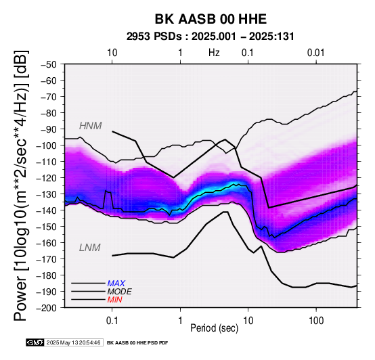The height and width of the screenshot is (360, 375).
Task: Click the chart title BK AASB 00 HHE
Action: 211,19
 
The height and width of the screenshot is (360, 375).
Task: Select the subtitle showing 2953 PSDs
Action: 211,37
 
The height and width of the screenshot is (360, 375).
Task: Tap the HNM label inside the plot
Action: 91,126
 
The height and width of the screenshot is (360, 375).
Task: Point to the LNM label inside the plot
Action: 89,248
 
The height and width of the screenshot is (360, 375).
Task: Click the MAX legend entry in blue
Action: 116,284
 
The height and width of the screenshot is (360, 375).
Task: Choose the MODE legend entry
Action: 119,292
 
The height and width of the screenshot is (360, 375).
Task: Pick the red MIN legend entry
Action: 114,300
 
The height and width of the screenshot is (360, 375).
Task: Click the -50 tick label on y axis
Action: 49,64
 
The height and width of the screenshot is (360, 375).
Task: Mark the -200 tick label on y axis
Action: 47,308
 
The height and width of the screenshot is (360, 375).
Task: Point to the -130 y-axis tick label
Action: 47,194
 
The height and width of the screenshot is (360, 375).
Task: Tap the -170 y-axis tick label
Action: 47,259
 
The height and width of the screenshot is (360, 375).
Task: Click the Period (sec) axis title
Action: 215,328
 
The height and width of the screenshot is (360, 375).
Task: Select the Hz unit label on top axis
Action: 214,53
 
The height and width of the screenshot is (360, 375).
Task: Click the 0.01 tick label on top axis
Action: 316,53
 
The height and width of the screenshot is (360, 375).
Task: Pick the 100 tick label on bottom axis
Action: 316,320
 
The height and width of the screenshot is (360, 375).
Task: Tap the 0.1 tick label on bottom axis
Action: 112,320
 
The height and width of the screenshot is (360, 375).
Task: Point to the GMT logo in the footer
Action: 35,343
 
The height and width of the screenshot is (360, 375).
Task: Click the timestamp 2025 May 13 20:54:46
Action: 73,343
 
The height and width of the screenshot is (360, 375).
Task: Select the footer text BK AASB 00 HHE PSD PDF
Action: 137,343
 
